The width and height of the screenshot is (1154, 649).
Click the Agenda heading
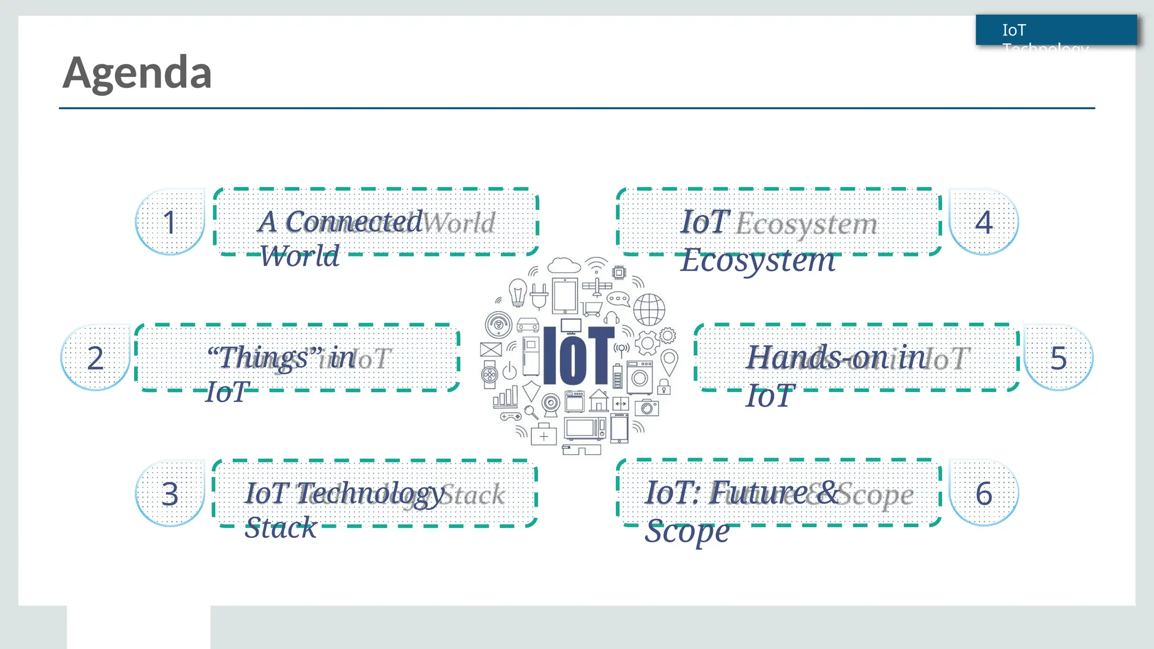tap(137, 73)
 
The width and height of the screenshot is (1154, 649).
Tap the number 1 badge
tap(170, 222)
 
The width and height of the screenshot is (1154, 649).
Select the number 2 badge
tap(95, 358)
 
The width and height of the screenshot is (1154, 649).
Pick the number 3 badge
tap(170, 494)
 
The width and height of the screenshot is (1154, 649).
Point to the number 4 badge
tap(984, 222)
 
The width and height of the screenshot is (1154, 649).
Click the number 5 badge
tap(1058, 358)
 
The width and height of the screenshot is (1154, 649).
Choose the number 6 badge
tap(984, 494)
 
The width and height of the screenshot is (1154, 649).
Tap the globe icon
tap(649, 309)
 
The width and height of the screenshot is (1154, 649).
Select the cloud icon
tap(563, 265)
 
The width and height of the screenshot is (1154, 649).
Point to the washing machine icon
tap(640, 376)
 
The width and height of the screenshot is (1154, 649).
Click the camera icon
tap(647, 407)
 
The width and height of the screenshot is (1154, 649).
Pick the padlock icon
tap(664, 387)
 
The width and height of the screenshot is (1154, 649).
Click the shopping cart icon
tap(592, 309)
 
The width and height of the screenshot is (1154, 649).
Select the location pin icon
tap(669, 361)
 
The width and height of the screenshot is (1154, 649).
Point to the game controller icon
tap(511, 417)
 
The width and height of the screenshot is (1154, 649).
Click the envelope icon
tap(491, 349)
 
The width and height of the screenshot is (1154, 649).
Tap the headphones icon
tap(612, 317)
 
